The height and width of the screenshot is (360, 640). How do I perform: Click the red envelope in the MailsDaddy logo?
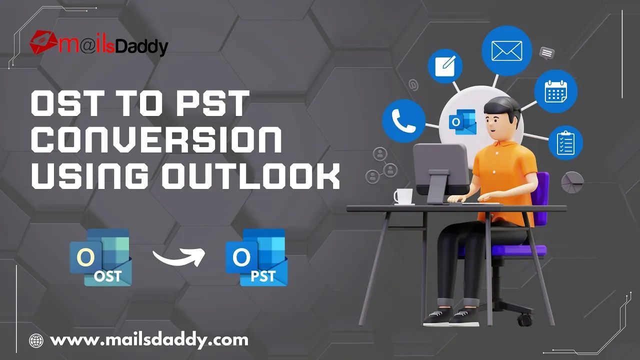(43, 42)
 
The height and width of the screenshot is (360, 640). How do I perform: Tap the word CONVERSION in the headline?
(156, 140)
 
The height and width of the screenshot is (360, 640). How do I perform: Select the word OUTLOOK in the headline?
(251, 176)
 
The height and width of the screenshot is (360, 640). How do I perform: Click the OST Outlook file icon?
(100, 257)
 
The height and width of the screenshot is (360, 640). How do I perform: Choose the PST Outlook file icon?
(256, 257)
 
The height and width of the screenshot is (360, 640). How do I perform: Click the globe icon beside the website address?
(36, 340)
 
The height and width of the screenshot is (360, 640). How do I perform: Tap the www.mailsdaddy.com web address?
(149, 340)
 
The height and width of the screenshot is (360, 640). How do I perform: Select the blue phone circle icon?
(403, 120)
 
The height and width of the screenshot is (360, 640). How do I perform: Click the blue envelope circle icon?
(507, 51)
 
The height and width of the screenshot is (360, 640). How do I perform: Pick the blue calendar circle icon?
(555, 91)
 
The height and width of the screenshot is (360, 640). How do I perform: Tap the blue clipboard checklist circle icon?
(565, 142)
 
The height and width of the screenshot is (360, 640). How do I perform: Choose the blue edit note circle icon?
(445, 66)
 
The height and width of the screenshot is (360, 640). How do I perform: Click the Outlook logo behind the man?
(462, 122)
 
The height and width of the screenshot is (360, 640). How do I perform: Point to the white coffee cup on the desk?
(403, 196)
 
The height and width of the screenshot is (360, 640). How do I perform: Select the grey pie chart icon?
(572, 182)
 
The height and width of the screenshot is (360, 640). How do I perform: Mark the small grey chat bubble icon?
(547, 53)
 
